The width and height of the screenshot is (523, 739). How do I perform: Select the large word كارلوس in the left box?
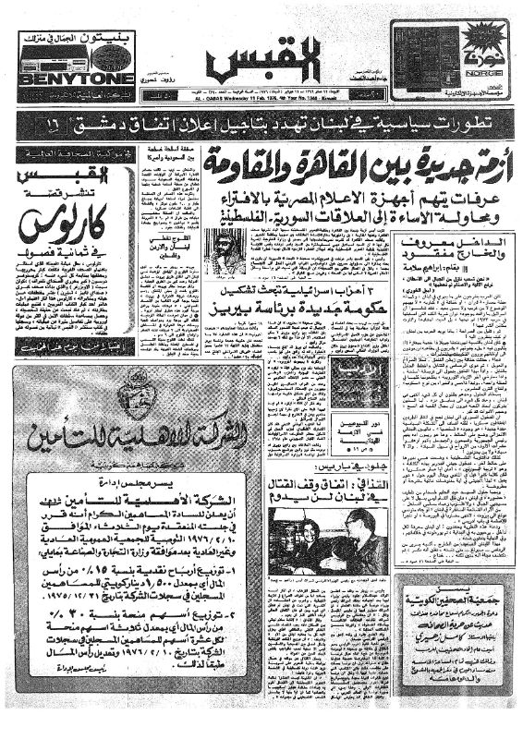point(55,227)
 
